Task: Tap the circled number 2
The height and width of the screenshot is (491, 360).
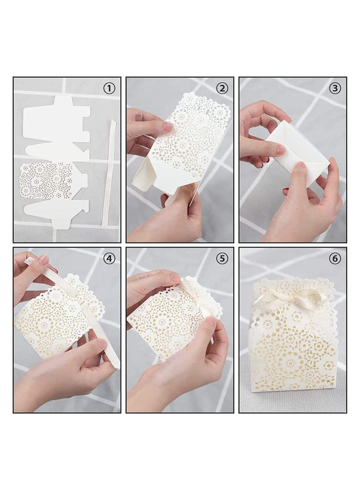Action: [222, 88]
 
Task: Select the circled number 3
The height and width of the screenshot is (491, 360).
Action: [335, 88]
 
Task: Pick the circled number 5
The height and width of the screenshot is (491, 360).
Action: [222, 258]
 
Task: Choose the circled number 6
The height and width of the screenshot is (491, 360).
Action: [335, 258]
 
